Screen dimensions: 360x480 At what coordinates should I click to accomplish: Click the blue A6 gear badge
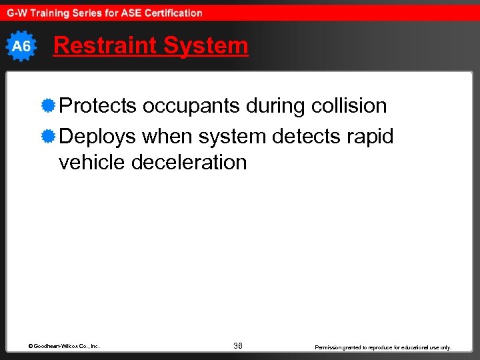click(x=21, y=46)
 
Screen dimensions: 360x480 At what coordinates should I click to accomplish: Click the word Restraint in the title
click(x=105, y=46)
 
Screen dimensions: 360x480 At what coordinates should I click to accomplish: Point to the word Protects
click(x=97, y=106)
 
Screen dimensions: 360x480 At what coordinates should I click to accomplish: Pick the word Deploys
click(x=97, y=137)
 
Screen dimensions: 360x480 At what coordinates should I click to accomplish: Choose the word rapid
click(x=371, y=137)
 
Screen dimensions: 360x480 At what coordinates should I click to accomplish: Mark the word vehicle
click(x=93, y=162)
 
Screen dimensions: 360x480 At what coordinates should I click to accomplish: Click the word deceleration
click(x=189, y=162)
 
